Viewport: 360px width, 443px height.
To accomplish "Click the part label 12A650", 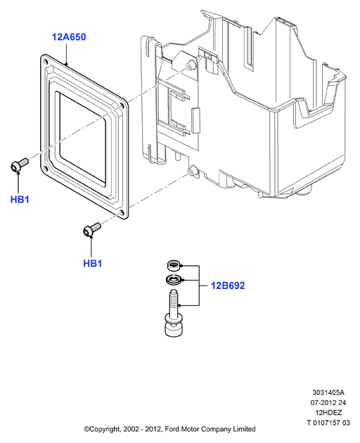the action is click(x=69, y=37).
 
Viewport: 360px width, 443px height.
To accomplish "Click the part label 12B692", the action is click(x=228, y=285).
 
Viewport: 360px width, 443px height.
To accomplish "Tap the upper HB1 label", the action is click(x=20, y=200).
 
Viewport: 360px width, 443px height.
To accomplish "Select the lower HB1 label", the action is click(x=92, y=263).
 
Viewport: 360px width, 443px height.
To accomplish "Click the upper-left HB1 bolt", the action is click(x=19, y=165).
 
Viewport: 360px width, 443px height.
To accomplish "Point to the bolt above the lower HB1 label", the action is click(x=92, y=229).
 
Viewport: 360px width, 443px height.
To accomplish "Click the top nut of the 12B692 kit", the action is click(x=173, y=266).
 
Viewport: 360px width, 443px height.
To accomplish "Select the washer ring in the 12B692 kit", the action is click(x=173, y=279).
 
